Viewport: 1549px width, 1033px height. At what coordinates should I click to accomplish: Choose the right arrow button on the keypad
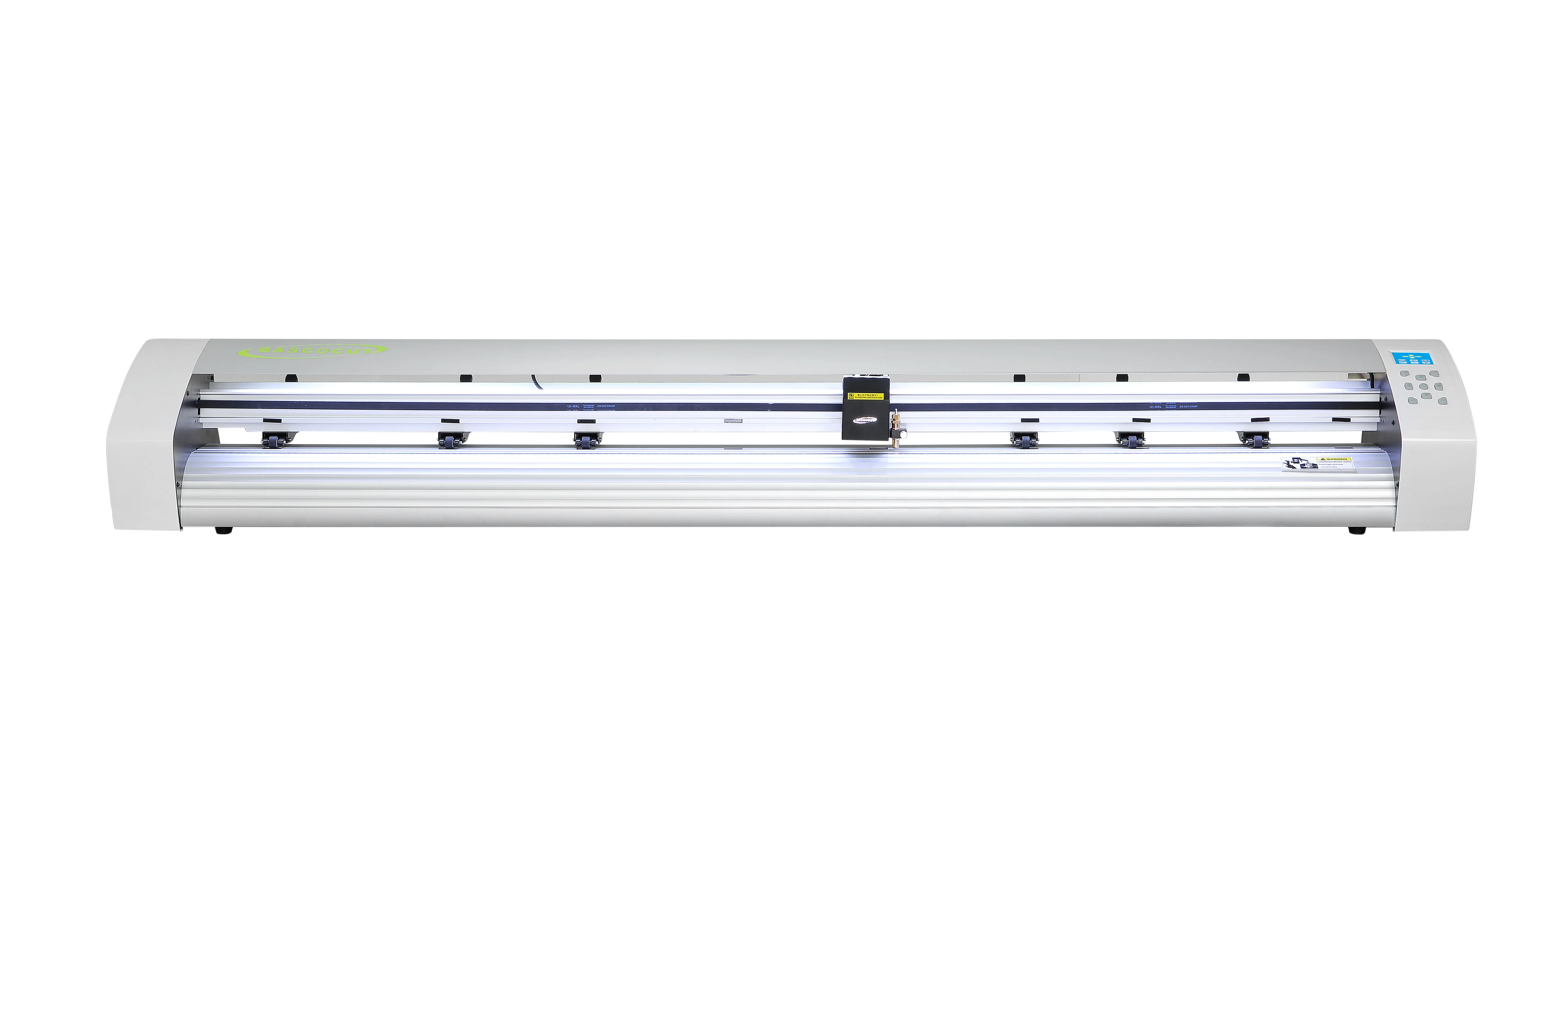1438,387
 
